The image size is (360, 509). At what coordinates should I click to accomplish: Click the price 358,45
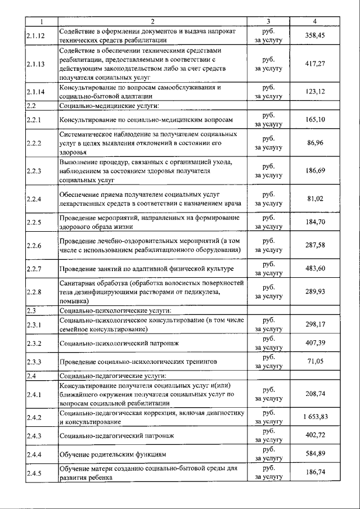(x=315, y=35)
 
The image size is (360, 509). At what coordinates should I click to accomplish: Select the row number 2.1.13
(x=35, y=64)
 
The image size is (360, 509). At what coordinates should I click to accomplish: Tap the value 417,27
(x=315, y=64)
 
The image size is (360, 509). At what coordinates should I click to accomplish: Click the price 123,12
(x=315, y=92)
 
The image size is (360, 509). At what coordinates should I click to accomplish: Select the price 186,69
(x=315, y=170)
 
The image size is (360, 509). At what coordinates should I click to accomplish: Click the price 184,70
(x=315, y=222)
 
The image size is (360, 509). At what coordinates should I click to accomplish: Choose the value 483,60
(x=315, y=268)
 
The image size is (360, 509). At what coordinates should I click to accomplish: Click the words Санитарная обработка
(x=93, y=283)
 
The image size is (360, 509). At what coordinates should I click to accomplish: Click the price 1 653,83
(x=315, y=417)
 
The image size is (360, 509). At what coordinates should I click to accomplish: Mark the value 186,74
(x=315, y=472)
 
